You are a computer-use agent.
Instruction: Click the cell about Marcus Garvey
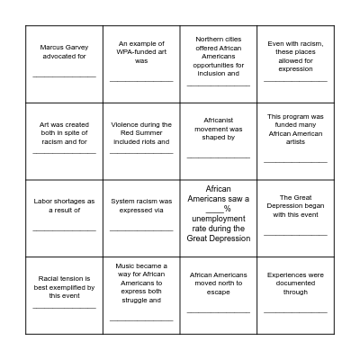click(64, 64)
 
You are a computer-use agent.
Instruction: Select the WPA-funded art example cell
click(141, 64)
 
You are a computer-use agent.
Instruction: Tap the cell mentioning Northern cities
click(219, 64)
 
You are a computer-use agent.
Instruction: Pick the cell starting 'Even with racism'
click(295, 64)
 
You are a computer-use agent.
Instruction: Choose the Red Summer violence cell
click(141, 141)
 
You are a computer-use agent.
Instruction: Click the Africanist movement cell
click(219, 141)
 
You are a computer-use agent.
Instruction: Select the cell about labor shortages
click(64, 219)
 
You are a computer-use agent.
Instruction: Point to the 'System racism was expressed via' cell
click(141, 219)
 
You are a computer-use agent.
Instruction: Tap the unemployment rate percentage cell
click(219, 219)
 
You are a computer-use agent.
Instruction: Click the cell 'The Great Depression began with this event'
click(295, 219)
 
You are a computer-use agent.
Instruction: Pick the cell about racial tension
click(64, 295)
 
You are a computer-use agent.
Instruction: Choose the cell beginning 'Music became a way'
click(141, 295)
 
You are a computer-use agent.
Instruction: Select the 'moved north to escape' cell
click(219, 295)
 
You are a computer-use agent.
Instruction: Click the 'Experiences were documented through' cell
click(295, 295)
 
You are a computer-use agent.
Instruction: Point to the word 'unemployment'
click(219, 219)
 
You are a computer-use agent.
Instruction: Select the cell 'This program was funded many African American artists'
click(295, 141)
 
